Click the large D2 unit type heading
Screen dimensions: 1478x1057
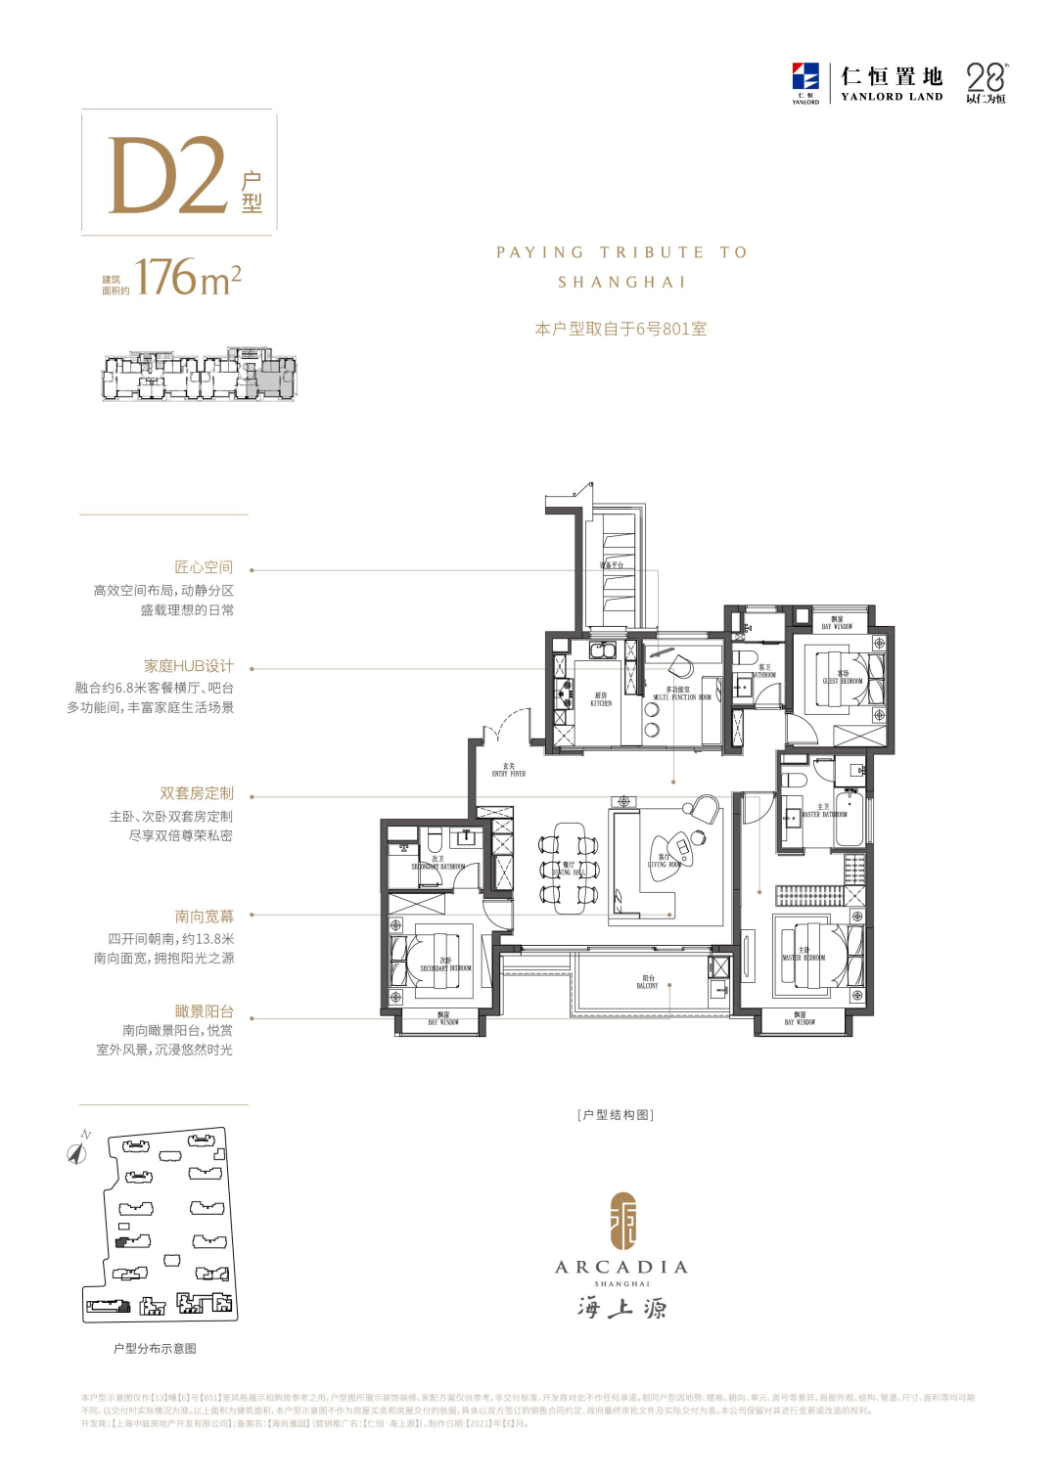[167, 175]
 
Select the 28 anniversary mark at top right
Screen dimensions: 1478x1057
[986, 82]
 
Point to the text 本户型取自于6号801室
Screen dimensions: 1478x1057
[620, 329]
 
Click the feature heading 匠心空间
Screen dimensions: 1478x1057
[204, 567]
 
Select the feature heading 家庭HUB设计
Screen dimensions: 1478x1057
[189, 666]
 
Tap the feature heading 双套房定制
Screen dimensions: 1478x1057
[197, 793]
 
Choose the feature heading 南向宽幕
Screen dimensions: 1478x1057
[205, 917]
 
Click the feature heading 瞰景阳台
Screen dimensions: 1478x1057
[205, 1011]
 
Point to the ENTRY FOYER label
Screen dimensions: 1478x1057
[508, 770]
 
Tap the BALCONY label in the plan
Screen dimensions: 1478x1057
[648, 982]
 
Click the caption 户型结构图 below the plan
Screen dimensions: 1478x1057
[616, 1115]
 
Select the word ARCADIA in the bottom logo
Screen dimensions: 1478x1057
[621, 1267]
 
